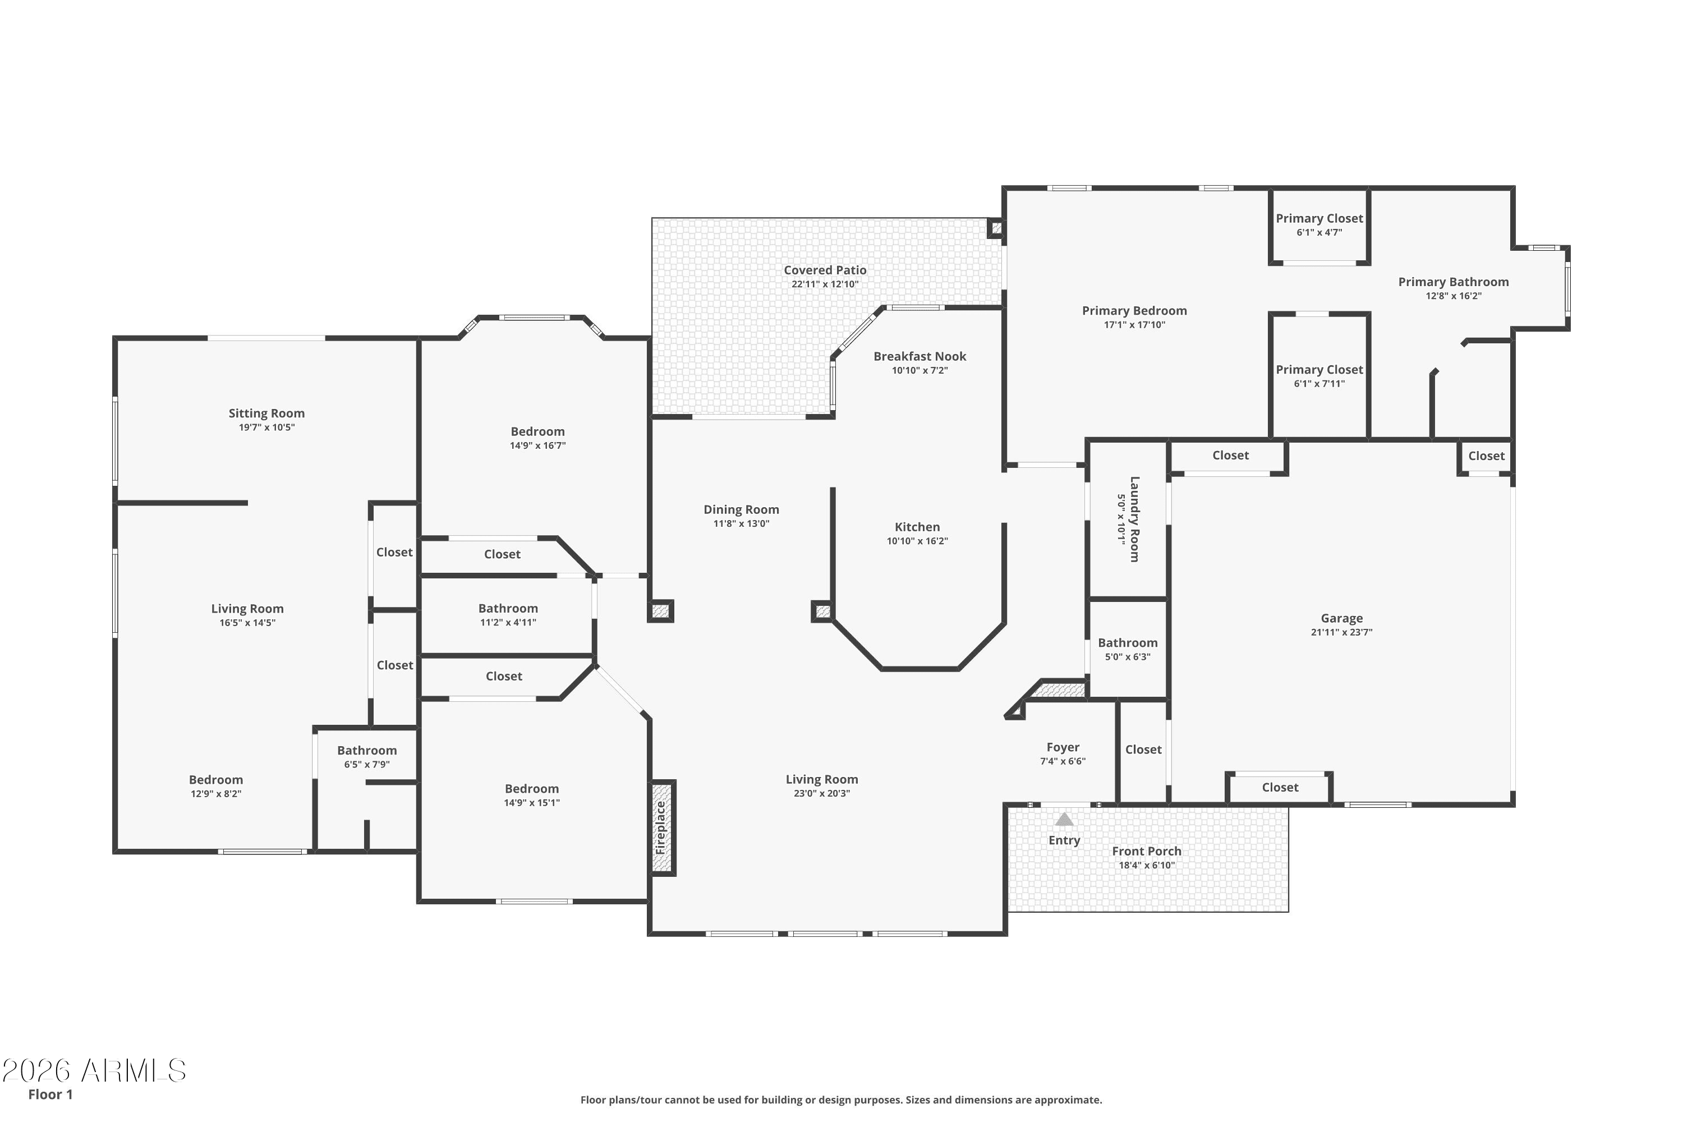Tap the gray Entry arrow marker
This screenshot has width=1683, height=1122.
click(1064, 819)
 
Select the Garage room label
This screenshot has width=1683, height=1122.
click(1342, 618)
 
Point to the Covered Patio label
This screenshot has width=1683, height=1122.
click(825, 270)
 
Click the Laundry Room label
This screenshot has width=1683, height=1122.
click(1134, 519)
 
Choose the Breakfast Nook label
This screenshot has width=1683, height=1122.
click(919, 356)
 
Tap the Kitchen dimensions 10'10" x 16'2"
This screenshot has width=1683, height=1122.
click(917, 541)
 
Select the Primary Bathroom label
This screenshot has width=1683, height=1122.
click(1454, 282)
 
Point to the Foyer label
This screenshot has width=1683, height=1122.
click(1063, 747)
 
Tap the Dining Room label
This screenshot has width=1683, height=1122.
click(741, 509)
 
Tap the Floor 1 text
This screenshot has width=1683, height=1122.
click(50, 1094)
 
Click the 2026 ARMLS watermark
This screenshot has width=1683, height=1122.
click(94, 1070)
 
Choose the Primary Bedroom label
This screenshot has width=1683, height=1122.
click(1134, 311)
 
